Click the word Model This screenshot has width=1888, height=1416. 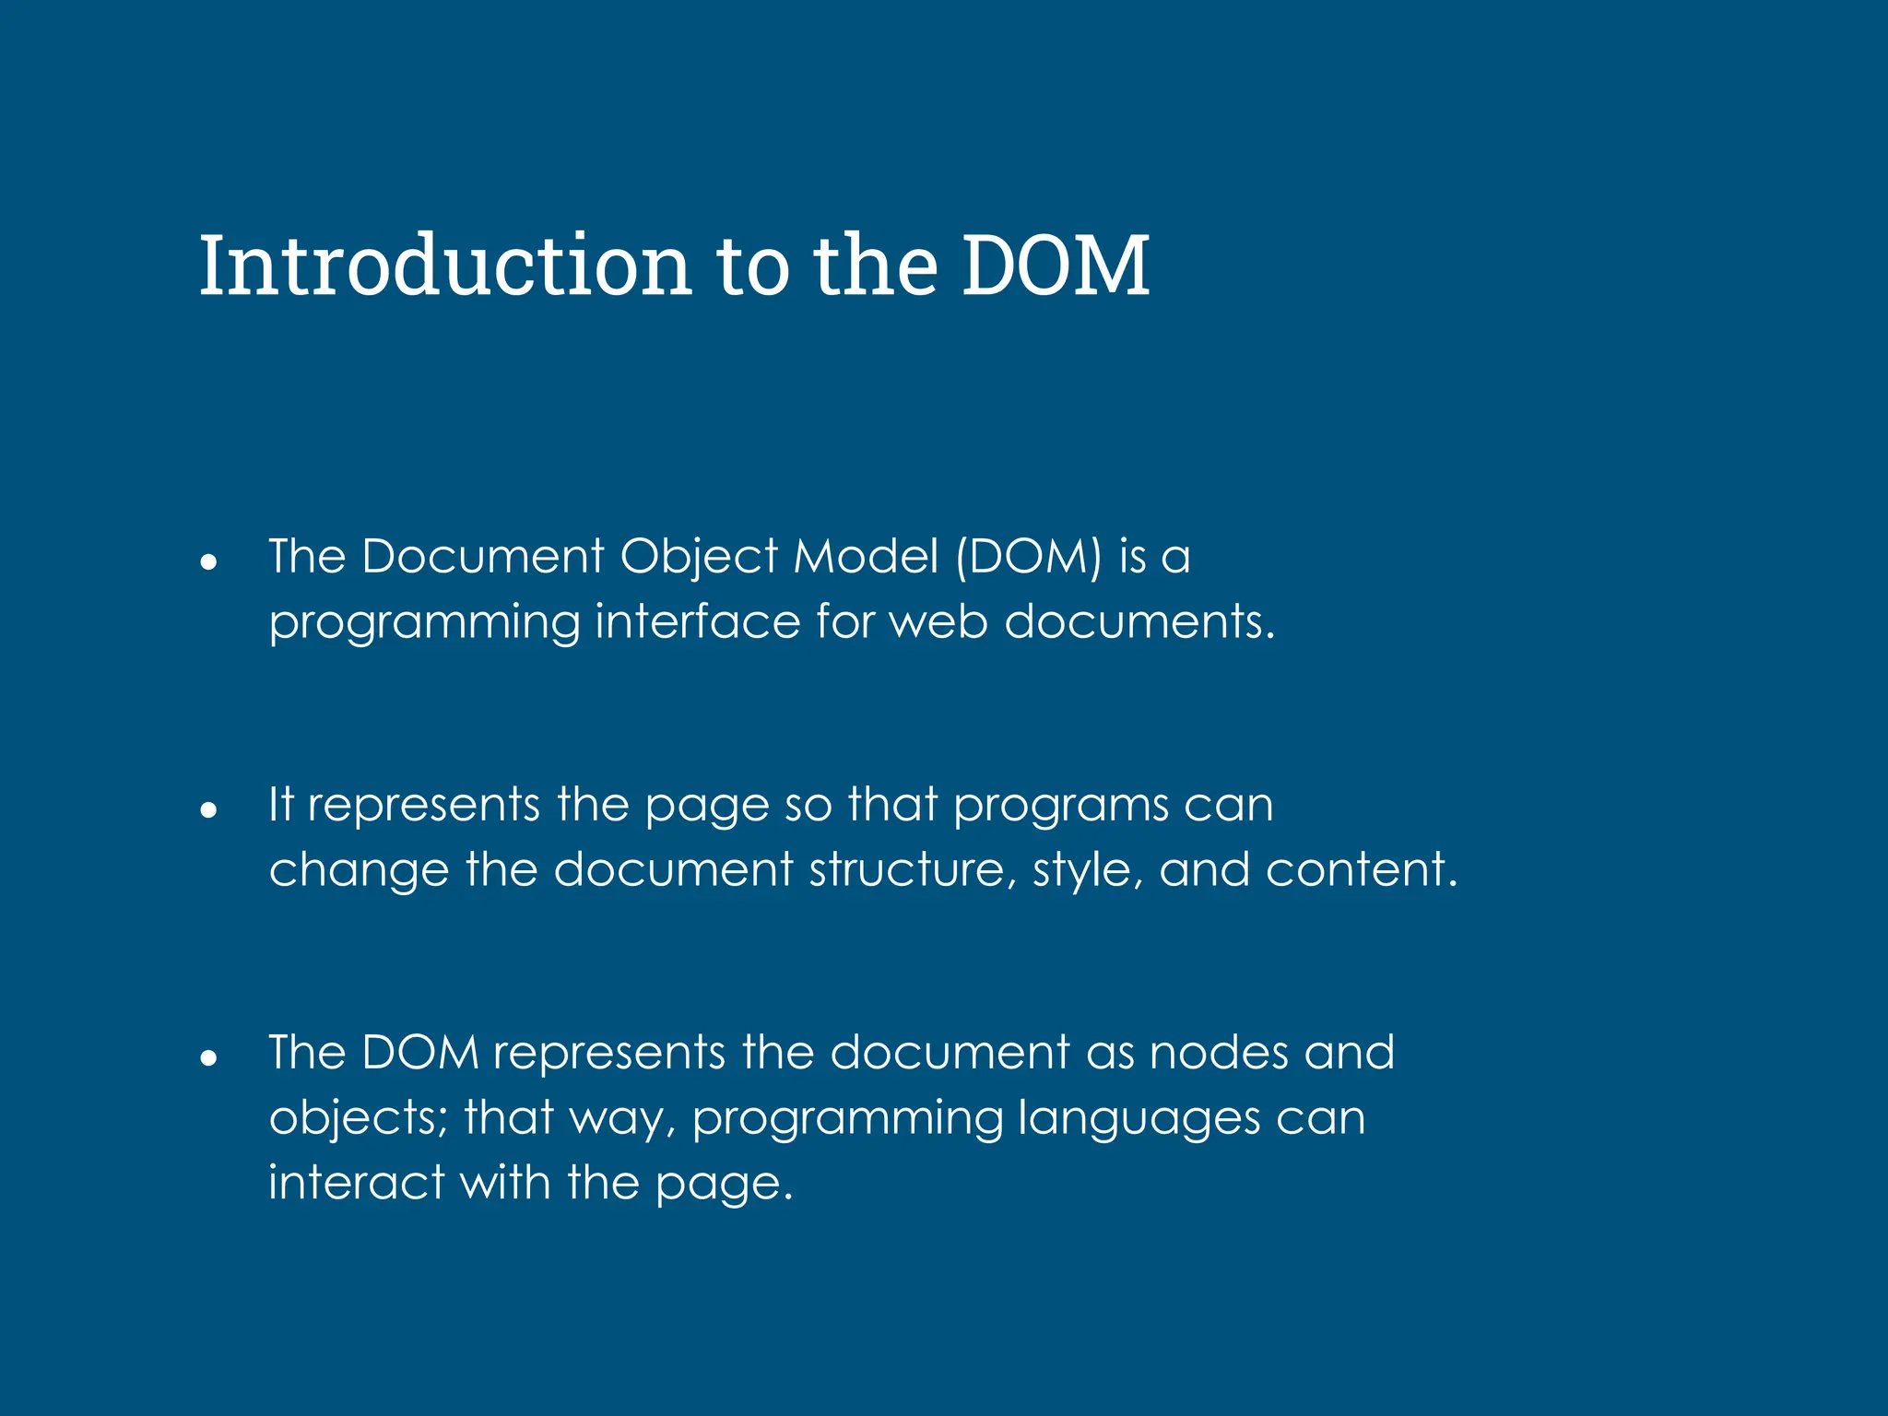tap(866, 557)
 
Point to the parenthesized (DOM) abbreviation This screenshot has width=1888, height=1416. tap(1028, 557)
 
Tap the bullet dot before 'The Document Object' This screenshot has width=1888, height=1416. tap(208, 560)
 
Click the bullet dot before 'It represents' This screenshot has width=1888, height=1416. tap(208, 809)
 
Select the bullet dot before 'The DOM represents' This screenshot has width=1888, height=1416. tap(208, 1057)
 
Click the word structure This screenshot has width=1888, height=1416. tap(906, 870)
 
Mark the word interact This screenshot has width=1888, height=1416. tap(357, 1183)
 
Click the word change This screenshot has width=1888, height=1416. tap(359, 870)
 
